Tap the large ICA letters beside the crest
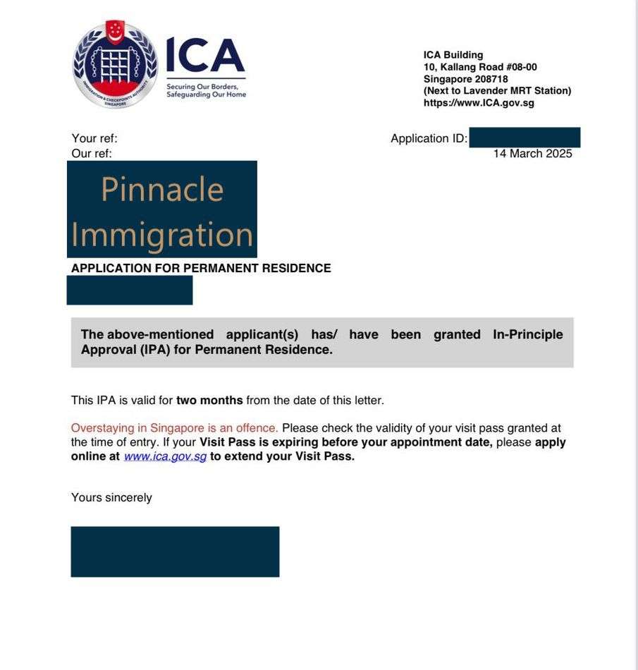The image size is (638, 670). pyautogui.click(x=204, y=56)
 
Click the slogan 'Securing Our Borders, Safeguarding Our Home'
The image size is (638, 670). pyautogui.click(x=206, y=91)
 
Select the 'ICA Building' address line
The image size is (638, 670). pyautogui.click(x=453, y=55)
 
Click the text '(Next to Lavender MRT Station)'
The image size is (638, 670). pyautogui.click(x=497, y=91)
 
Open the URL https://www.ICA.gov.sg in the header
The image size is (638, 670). pyautogui.click(x=479, y=103)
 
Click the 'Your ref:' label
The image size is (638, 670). pyautogui.click(x=94, y=139)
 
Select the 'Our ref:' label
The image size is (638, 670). pyautogui.click(x=92, y=153)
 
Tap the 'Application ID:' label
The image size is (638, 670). pyautogui.click(x=429, y=139)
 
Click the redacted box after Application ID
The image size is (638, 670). pyautogui.click(x=524, y=138)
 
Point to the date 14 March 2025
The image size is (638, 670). pyautogui.click(x=532, y=154)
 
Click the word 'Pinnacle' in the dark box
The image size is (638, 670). pyautogui.click(x=162, y=189)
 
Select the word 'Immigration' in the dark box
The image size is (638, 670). pyautogui.click(x=162, y=234)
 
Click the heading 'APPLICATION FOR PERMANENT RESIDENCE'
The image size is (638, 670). pyautogui.click(x=201, y=268)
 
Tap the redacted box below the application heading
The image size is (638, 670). pyautogui.click(x=130, y=290)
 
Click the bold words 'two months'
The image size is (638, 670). pyautogui.click(x=209, y=401)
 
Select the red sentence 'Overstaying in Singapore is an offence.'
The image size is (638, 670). pyautogui.click(x=175, y=428)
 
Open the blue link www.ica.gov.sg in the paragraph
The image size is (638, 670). pyautogui.click(x=166, y=456)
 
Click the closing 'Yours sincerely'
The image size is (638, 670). pyautogui.click(x=111, y=498)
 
